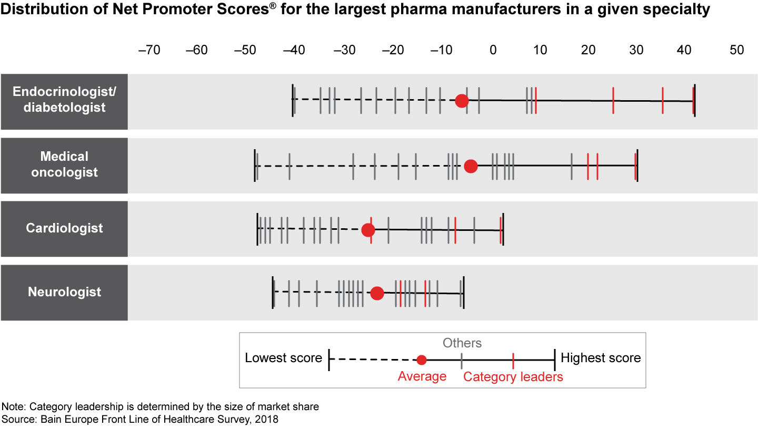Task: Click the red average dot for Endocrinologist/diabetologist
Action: [462, 101]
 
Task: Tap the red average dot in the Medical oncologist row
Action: [471, 167]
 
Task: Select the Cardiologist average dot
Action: [368, 230]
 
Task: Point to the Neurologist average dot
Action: [377, 294]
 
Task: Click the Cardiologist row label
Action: [64, 228]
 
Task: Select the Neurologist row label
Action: [64, 292]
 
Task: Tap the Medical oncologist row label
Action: [64, 164]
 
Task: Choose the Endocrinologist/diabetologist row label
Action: [64, 100]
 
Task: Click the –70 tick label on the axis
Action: [148, 50]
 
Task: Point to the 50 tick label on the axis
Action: [737, 50]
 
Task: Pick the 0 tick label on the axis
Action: [493, 50]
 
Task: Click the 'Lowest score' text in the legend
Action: [283, 358]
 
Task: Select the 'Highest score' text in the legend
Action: [601, 358]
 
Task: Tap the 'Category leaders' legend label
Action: [513, 377]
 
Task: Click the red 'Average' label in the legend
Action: [422, 376]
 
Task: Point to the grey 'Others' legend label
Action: [462, 343]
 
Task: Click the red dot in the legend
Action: [421, 360]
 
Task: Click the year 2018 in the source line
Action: [267, 419]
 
